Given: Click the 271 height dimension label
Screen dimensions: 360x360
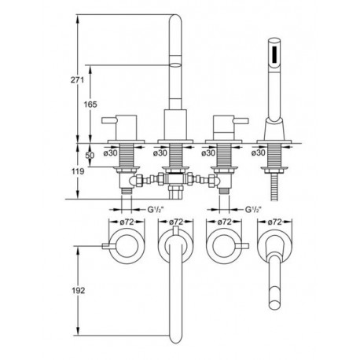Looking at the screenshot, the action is tap(77, 79).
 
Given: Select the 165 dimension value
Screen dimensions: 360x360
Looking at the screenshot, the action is tap(90, 105).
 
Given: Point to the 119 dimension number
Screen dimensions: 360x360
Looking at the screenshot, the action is tap(78, 171).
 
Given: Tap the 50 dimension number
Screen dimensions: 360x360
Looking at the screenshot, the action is tap(90, 155).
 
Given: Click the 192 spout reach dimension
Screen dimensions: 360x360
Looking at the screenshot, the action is tap(78, 290).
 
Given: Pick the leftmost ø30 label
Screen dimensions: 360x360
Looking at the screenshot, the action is tap(111, 152).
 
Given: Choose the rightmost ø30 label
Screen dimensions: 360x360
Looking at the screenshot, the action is tap(259, 152).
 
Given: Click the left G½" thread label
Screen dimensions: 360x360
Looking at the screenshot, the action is tap(156, 209).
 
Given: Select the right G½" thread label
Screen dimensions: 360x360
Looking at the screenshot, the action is tap(253, 209).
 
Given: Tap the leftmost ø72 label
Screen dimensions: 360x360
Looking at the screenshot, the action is tap(127, 222).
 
